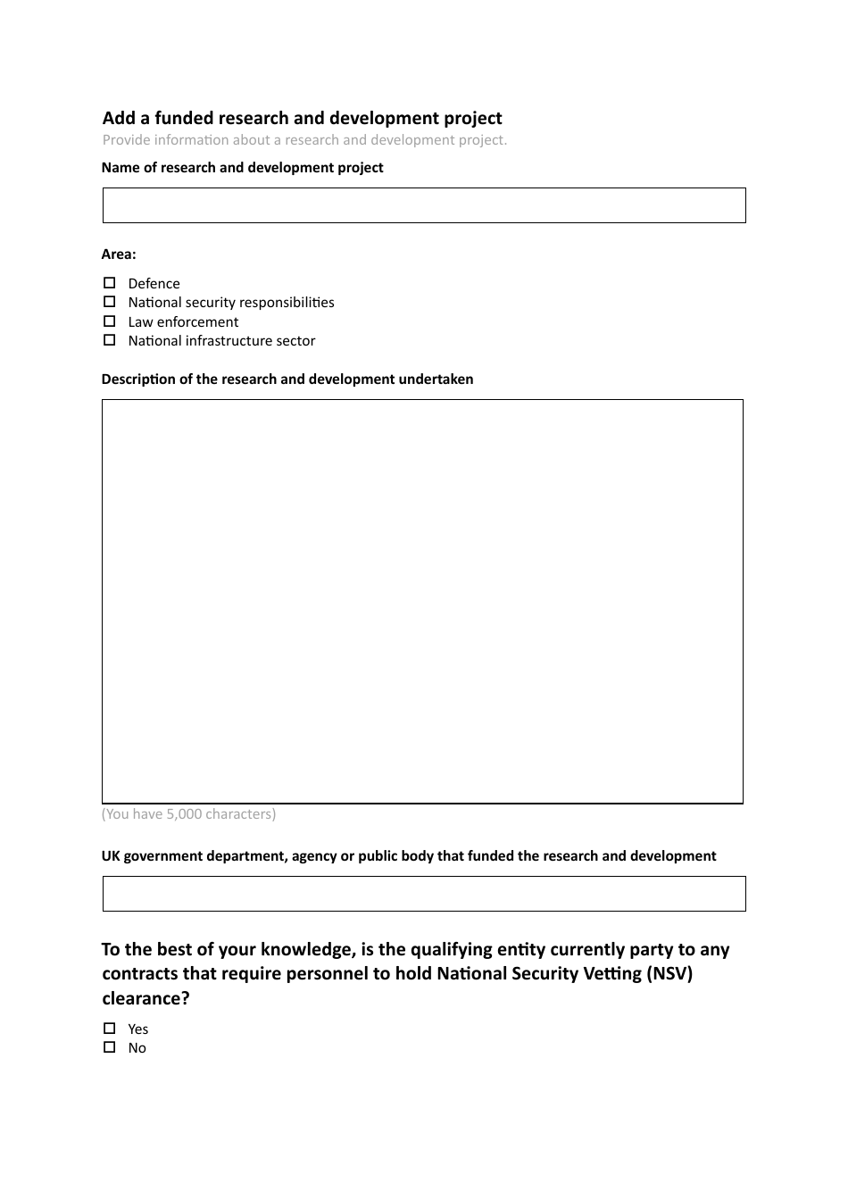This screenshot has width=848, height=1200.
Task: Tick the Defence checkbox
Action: [110, 283]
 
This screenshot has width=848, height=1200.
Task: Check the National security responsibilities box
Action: [110, 302]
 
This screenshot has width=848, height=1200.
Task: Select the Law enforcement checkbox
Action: [110, 321]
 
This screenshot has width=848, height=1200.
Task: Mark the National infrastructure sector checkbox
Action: [110, 340]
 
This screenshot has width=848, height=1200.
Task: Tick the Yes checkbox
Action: [110, 1029]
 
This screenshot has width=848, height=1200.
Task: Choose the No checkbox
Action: [110, 1047]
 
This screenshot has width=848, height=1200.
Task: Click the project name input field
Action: [424, 205]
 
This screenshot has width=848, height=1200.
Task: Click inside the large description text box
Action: [422, 601]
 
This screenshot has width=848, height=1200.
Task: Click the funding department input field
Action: [424, 894]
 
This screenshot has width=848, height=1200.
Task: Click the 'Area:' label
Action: [119, 254]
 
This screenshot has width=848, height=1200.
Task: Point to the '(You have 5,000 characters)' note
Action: [188, 814]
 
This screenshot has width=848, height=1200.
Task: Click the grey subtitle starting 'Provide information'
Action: [304, 140]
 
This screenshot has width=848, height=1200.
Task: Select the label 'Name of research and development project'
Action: [242, 168]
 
